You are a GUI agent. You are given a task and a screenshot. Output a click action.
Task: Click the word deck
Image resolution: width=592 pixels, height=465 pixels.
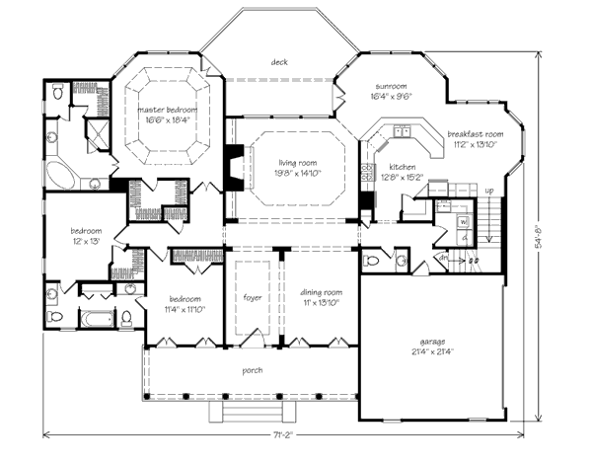279,61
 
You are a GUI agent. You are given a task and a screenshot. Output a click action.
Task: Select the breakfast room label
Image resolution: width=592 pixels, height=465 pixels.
475,133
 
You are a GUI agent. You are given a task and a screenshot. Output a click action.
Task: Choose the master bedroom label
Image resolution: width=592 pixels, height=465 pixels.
167,110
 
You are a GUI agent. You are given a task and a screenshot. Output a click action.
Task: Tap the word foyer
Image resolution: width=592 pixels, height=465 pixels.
252,296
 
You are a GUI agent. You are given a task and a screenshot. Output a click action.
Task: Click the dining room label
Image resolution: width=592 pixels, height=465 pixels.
322,292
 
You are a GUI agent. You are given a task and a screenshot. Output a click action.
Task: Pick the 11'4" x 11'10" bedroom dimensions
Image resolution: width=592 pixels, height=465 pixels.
185,309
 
